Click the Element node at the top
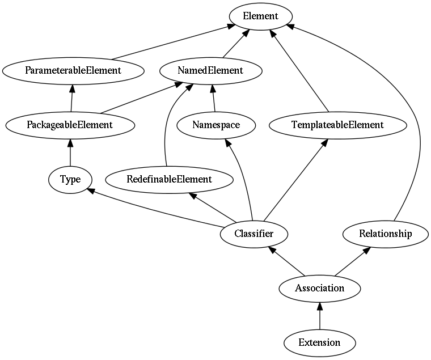(x=260, y=16)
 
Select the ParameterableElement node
(x=73, y=71)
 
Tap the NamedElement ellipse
(x=211, y=71)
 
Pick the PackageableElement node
(x=70, y=125)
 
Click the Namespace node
(x=216, y=125)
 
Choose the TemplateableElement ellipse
(x=337, y=125)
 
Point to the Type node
(x=70, y=180)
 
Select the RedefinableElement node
(x=170, y=180)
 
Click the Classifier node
(x=254, y=234)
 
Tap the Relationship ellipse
(x=386, y=234)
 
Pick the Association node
(x=320, y=288)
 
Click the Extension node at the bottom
(x=320, y=342)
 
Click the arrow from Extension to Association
(x=320, y=315)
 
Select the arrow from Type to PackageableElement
(x=70, y=153)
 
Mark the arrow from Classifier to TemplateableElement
(x=295, y=180)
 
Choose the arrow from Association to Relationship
(x=352, y=261)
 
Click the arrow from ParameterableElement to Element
(x=173, y=41)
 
